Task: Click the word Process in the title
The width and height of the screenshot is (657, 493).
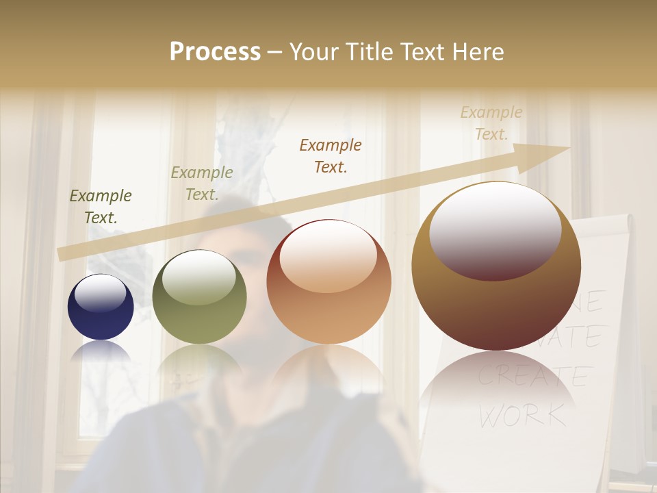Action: tap(215, 52)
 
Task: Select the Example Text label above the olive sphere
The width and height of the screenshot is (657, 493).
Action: tap(202, 184)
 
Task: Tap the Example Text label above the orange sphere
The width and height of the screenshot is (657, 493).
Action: tap(331, 155)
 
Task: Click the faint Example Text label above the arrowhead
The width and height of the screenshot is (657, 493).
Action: tap(491, 123)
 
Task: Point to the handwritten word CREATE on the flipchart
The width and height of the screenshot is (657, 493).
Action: tap(532, 376)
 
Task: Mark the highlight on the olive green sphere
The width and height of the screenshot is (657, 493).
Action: tap(199, 277)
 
